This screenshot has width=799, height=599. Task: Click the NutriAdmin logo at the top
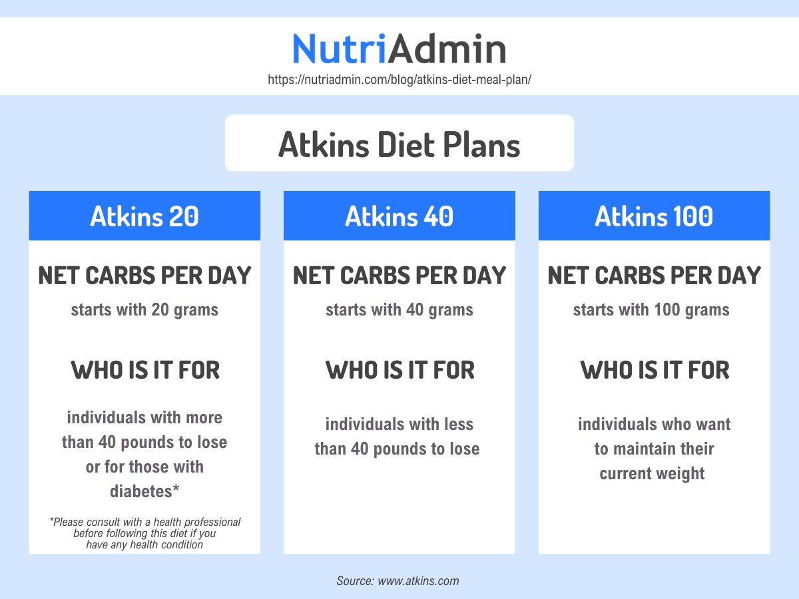399,49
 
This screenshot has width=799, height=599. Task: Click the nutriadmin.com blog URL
399,79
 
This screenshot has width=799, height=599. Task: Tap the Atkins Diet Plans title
399,144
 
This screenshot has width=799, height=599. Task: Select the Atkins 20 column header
144,216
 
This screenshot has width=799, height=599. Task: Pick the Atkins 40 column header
399,216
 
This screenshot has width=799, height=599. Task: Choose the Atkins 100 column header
654,216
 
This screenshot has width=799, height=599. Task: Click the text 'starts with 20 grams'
144,309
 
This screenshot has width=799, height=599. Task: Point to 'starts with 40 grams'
399,309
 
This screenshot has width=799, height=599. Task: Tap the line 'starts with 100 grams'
651,309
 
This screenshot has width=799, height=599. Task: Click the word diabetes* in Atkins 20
144,491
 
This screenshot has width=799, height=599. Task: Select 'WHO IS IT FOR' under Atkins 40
400,370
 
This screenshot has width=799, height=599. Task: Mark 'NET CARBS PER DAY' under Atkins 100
654,276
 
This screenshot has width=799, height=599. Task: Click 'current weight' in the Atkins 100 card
652,474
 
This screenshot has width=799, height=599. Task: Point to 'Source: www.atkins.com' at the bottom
398,580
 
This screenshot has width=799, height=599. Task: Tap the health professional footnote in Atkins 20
144,533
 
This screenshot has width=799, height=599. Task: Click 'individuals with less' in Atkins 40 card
399,424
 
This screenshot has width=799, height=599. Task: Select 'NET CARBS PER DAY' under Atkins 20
144,276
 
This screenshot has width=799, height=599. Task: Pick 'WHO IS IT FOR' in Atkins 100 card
655,370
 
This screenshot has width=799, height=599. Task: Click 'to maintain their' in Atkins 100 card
654,449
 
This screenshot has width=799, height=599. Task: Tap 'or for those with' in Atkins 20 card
144,467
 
